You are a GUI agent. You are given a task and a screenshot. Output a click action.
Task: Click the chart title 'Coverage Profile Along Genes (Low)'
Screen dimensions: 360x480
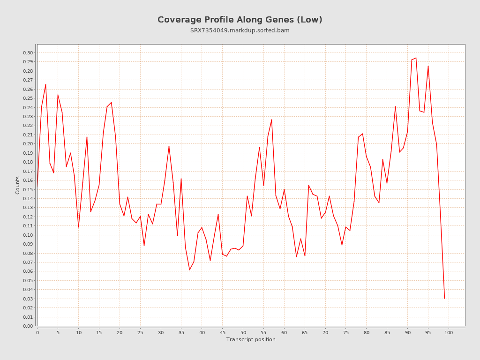click(240, 20)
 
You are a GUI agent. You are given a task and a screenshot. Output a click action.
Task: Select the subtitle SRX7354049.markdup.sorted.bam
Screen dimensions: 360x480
click(240, 30)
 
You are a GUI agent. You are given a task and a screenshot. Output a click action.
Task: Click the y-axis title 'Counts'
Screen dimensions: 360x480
click(18, 185)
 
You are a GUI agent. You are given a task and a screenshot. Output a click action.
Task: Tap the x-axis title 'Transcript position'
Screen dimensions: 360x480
click(251, 339)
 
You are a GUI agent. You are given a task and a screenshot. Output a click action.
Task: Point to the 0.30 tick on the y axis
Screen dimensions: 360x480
click(28, 52)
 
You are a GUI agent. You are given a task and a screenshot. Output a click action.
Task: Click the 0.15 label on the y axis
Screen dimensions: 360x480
click(28, 189)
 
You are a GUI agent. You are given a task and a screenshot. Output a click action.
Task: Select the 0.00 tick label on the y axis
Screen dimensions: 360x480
click(28, 326)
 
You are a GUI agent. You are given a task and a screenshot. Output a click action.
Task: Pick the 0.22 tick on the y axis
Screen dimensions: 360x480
click(28, 126)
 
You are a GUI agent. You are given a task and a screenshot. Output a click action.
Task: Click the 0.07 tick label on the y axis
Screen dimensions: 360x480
click(28, 262)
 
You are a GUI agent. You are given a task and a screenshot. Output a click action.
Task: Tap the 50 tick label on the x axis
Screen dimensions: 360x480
click(243, 332)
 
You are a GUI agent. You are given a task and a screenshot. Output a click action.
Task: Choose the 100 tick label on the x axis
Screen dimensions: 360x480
click(449, 332)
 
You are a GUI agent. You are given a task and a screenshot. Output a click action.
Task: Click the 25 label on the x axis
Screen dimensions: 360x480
click(140, 332)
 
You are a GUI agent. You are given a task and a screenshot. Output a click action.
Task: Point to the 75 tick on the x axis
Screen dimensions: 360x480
click(346, 332)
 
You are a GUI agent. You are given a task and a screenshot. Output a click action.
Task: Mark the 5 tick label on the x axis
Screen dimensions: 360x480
click(58, 332)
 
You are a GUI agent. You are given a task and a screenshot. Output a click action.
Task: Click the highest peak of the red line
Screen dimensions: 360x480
click(416, 58)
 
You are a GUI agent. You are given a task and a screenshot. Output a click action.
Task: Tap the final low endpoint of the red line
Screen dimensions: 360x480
click(444, 298)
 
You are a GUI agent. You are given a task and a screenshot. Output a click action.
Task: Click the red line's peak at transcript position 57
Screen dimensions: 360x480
click(272, 120)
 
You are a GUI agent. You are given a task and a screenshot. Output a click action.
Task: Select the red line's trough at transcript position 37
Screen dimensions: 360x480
click(189, 270)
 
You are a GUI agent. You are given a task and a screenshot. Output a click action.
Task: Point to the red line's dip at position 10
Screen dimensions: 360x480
click(78, 227)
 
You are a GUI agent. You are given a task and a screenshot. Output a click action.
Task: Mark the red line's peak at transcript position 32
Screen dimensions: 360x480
click(169, 146)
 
